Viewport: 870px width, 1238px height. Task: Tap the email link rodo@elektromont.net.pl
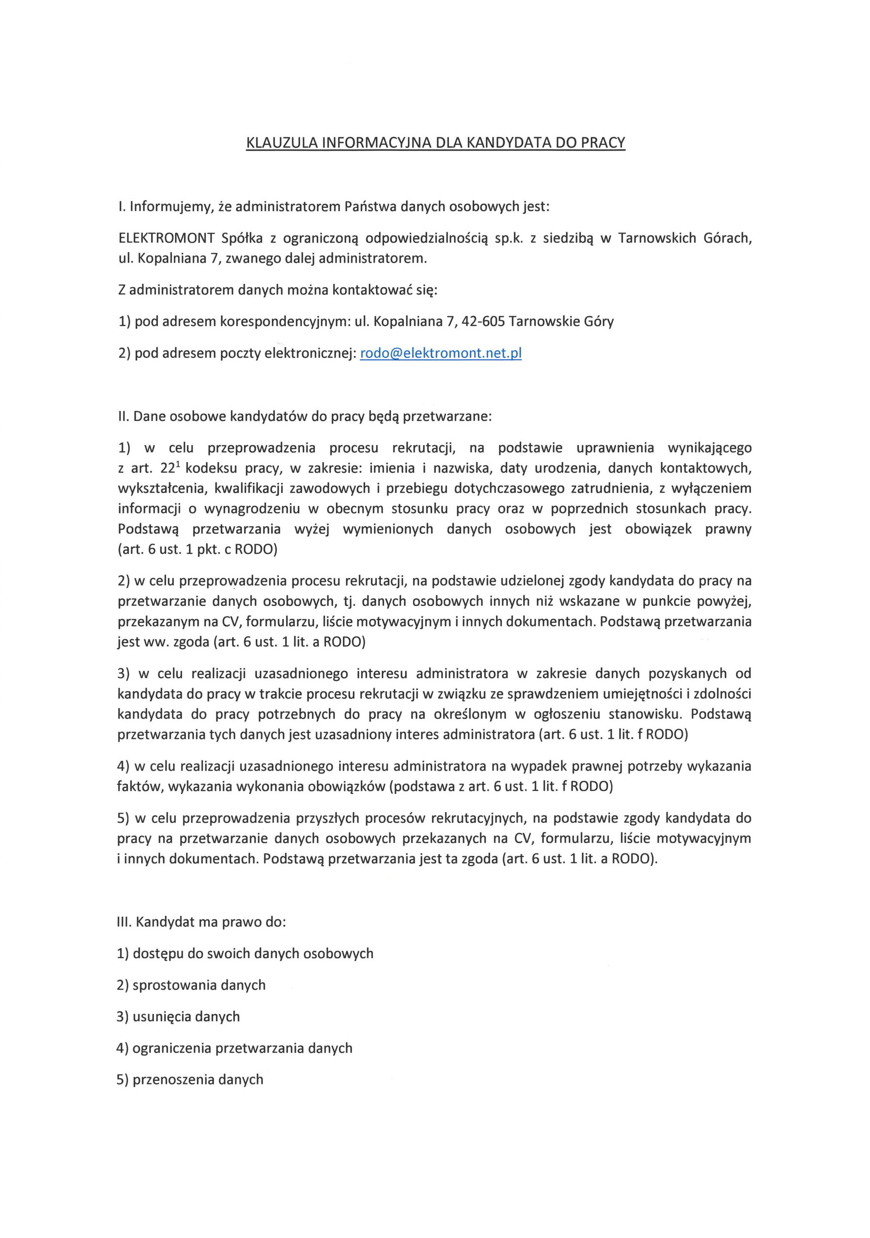(440, 354)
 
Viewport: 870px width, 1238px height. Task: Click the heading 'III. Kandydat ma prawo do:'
(201, 922)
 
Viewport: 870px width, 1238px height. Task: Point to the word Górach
(727, 238)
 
